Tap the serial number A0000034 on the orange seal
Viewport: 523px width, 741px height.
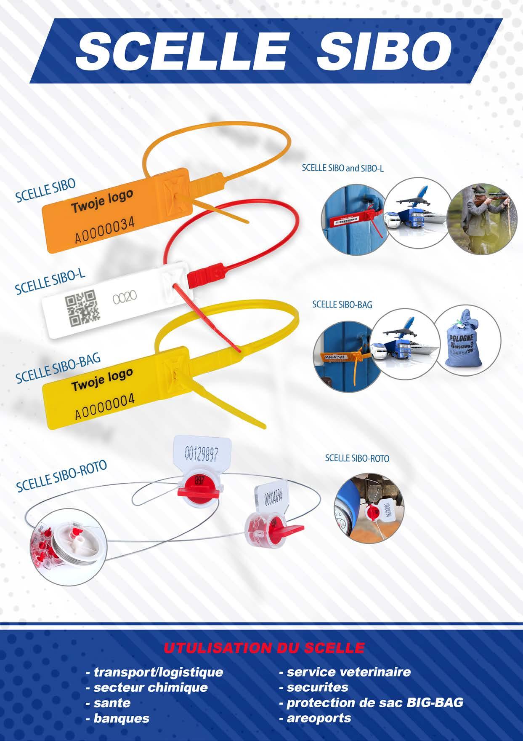click(x=104, y=231)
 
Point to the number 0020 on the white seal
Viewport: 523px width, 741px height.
click(x=125, y=298)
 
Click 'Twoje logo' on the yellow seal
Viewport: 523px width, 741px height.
click(x=102, y=380)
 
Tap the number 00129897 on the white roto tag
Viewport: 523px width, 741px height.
click(x=202, y=455)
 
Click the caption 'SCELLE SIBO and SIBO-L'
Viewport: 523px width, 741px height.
click(x=342, y=168)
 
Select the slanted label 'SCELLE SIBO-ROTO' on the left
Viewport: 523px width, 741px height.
click(x=61, y=476)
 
